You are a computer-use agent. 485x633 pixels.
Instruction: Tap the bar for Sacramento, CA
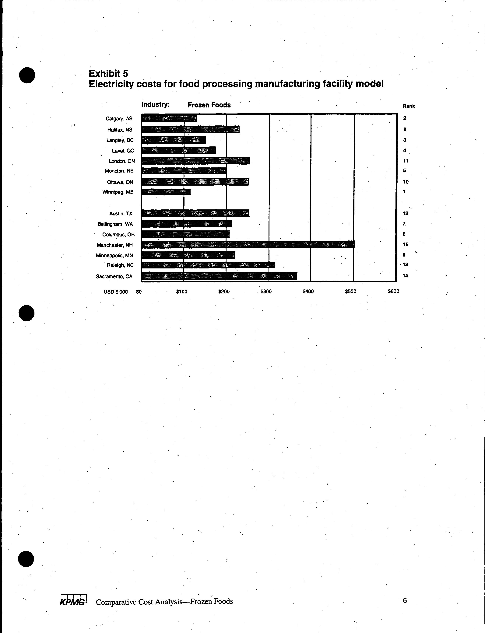(x=219, y=276)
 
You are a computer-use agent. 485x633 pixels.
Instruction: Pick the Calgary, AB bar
(x=169, y=118)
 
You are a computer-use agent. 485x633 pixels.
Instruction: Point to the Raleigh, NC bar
(x=208, y=265)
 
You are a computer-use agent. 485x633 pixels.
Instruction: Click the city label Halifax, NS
(x=120, y=130)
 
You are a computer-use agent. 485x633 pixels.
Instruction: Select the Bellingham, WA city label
(x=115, y=224)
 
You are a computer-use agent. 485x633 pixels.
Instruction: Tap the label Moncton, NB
(x=119, y=171)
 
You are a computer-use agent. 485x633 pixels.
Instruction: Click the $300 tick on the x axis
(x=266, y=292)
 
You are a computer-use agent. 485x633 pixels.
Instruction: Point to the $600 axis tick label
(x=393, y=292)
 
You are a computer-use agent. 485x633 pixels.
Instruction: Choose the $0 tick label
(x=139, y=292)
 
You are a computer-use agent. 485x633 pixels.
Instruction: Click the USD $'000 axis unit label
(x=115, y=292)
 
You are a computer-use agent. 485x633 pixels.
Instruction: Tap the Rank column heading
(x=409, y=106)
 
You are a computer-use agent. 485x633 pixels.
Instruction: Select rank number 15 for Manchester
(x=405, y=244)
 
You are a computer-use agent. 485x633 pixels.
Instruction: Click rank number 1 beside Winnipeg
(x=404, y=191)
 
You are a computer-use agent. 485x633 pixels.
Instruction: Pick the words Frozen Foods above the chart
(x=209, y=105)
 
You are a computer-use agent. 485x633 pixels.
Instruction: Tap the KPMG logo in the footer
(x=73, y=601)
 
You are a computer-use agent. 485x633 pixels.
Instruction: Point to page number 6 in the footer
(x=405, y=600)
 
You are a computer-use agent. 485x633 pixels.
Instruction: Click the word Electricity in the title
(x=111, y=84)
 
